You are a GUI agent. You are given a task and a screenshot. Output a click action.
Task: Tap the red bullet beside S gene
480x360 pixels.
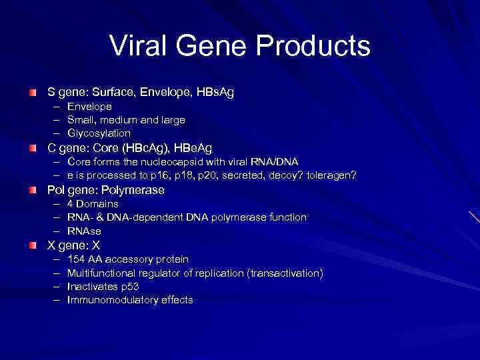(33, 91)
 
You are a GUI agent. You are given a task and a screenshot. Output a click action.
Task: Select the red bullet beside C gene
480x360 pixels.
(33, 147)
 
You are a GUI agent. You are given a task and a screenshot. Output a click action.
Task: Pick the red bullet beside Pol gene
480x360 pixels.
(33, 190)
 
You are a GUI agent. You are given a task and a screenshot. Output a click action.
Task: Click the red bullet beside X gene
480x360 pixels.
(33, 245)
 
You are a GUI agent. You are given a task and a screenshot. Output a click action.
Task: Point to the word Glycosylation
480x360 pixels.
(99, 133)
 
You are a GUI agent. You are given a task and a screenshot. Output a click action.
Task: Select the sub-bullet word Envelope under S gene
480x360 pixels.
(89, 107)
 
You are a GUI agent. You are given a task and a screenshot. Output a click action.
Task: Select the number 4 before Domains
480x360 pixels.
(70, 204)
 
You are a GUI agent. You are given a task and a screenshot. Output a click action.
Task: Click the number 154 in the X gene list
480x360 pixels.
(76, 259)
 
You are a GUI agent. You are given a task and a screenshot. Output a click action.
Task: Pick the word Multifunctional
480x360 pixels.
(104, 273)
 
